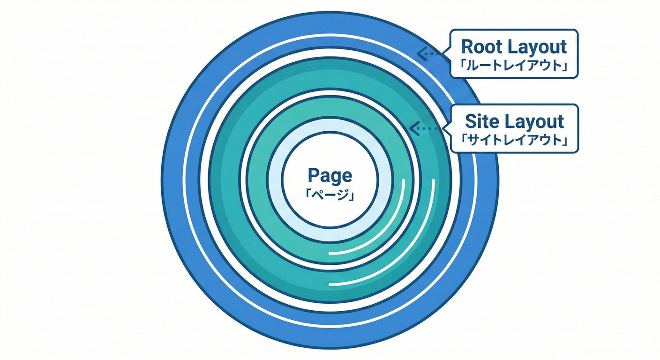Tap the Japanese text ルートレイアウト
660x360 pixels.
click(514, 66)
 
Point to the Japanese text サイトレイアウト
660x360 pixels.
click(514, 141)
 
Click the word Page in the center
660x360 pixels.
click(330, 175)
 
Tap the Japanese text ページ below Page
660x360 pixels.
click(330, 193)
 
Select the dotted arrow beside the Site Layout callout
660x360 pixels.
click(422, 127)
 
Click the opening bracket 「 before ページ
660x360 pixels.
click(308, 193)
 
